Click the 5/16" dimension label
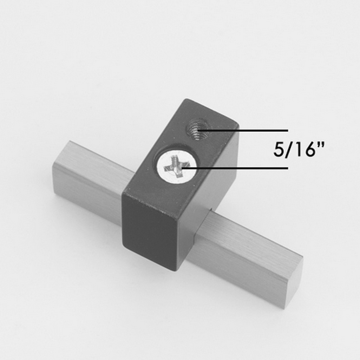point(298,149)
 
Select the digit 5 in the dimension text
point(278,150)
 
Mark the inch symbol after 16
point(321,145)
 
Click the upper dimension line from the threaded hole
point(243,130)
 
